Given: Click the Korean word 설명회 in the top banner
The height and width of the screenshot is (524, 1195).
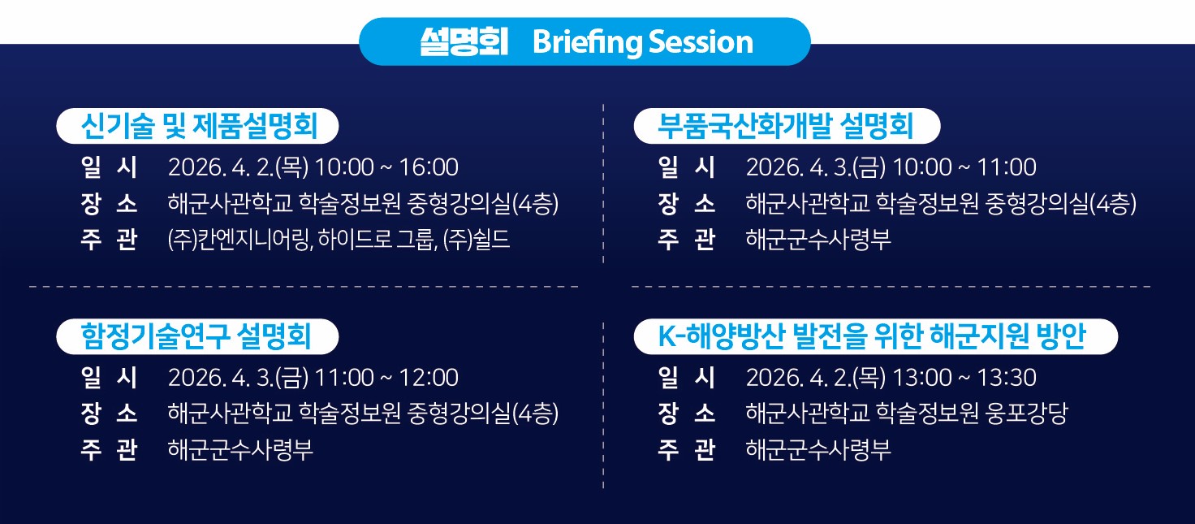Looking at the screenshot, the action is pyautogui.click(x=464, y=41).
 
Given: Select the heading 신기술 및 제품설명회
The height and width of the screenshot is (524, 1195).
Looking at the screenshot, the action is pyautogui.click(x=199, y=127).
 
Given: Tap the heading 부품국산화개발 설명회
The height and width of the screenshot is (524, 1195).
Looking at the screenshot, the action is pyautogui.click(x=785, y=127).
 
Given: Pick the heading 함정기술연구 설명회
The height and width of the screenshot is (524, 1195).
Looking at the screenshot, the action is pyautogui.click(x=196, y=336).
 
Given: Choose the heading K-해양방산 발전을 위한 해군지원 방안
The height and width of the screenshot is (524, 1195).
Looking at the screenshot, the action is pyautogui.click(x=872, y=336).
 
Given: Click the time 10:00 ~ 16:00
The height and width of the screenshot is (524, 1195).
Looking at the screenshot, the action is pyautogui.click(x=386, y=167).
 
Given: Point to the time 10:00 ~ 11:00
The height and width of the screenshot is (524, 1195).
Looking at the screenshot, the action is pyautogui.click(x=964, y=167).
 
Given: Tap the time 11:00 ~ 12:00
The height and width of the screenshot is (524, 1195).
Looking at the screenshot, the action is pyautogui.click(x=386, y=378).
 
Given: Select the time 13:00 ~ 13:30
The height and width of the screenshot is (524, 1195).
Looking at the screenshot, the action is pyautogui.click(x=964, y=378).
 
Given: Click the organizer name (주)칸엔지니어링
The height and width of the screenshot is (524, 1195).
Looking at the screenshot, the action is pyautogui.click(x=240, y=240).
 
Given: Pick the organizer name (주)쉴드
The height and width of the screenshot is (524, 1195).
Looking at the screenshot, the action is pyautogui.click(x=477, y=240).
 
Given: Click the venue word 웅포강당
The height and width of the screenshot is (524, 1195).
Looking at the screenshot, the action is pyautogui.click(x=1026, y=414).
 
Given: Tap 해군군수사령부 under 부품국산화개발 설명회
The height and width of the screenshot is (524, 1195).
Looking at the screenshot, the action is pyautogui.click(x=818, y=240).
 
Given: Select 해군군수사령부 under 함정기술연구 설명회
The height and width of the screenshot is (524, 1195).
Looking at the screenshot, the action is pyautogui.click(x=240, y=450).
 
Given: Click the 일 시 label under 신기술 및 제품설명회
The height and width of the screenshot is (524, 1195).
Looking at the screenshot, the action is pyautogui.click(x=109, y=167).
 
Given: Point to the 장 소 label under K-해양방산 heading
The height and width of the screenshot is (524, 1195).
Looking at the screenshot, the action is pyautogui.click(x=687, y=414).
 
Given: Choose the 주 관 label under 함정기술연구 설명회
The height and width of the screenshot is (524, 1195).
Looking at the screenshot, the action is pyautogui.click(x=109, y=450).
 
